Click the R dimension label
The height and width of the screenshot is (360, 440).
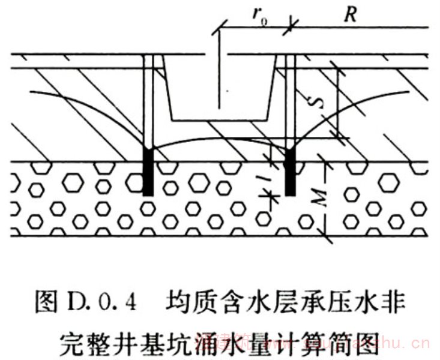[x=350, y=15]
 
